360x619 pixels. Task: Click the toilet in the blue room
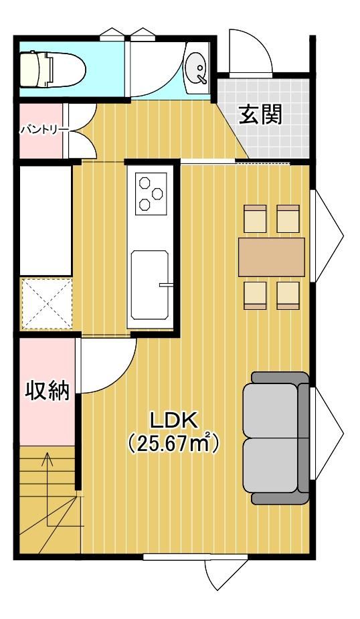click(x=52, y=70)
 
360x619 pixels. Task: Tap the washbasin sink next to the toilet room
click(x=197, y=68)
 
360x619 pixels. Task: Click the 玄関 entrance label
click(x=261, y=115)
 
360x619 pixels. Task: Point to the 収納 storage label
click(x=48, y=390)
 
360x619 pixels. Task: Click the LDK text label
click(x=174, y=421)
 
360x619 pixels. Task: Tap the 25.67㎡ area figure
click(x=174, y=444)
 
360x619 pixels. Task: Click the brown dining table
click(x=272, y=257)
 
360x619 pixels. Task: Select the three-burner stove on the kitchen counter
click(x=151, y=193)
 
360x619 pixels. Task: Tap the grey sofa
click(x=276, y=438)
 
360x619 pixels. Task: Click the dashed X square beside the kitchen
click(x=47, y=304)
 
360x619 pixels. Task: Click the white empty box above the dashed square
click(x=46, y=220)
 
